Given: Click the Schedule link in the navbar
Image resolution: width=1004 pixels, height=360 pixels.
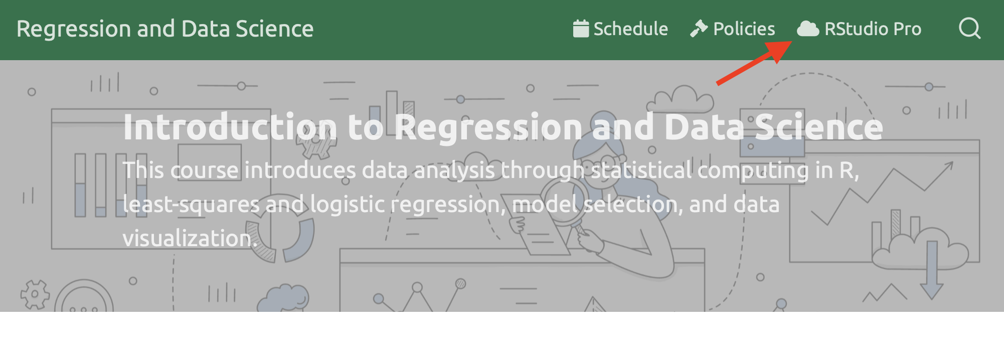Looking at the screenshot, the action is click(620, 29).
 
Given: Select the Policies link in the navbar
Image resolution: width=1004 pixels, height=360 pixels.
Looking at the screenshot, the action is click(733, 29).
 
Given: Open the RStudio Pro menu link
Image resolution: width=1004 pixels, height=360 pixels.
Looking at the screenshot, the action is click(859, 29).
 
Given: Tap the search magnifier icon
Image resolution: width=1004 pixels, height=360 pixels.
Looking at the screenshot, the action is click(970, 29).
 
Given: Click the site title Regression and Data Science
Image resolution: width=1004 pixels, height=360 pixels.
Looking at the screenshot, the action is click(165, 29).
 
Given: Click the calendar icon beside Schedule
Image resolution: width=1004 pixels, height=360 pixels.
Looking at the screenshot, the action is click(581, 29).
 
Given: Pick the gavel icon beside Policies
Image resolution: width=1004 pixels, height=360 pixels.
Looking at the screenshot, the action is click(699, 29).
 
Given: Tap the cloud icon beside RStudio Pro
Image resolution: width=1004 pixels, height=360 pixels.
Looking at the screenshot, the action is click(808, 29).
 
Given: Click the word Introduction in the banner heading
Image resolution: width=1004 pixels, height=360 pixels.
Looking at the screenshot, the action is click(230, 127).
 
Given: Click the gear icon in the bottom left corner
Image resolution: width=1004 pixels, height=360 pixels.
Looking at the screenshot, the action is click(35, 294).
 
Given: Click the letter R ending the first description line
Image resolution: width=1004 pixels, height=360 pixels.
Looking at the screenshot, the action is click(847, 170).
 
